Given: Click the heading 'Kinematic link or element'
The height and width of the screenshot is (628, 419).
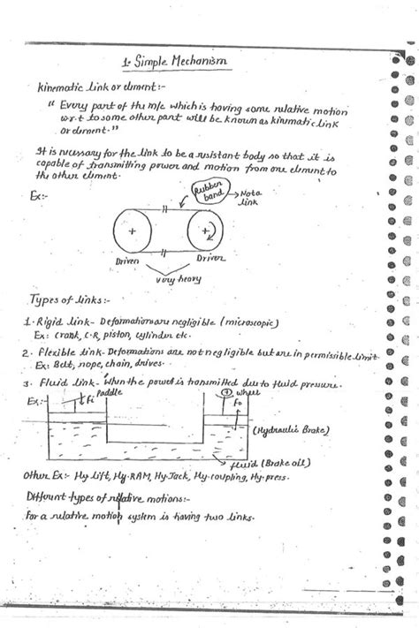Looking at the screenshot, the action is tap(88, 88).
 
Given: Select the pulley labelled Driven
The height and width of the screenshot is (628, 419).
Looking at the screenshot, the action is tap(133, 231).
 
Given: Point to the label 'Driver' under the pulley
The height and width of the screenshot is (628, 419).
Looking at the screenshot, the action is tap(209, 259).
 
